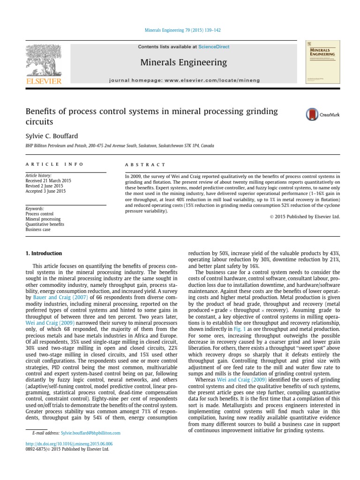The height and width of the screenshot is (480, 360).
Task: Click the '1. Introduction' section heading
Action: [x=43, y=254]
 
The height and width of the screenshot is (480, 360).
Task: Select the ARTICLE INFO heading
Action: [x=54, y=165]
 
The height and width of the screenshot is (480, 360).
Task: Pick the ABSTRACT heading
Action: [x=145, y=165]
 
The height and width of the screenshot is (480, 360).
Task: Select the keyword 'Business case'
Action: [x=37, y=230]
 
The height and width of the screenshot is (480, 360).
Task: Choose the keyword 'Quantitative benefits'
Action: [x=45, y=225]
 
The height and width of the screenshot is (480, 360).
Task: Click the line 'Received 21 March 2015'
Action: [x=48, y=181]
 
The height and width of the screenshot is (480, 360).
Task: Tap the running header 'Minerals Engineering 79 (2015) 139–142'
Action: [x=180, y=30]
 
